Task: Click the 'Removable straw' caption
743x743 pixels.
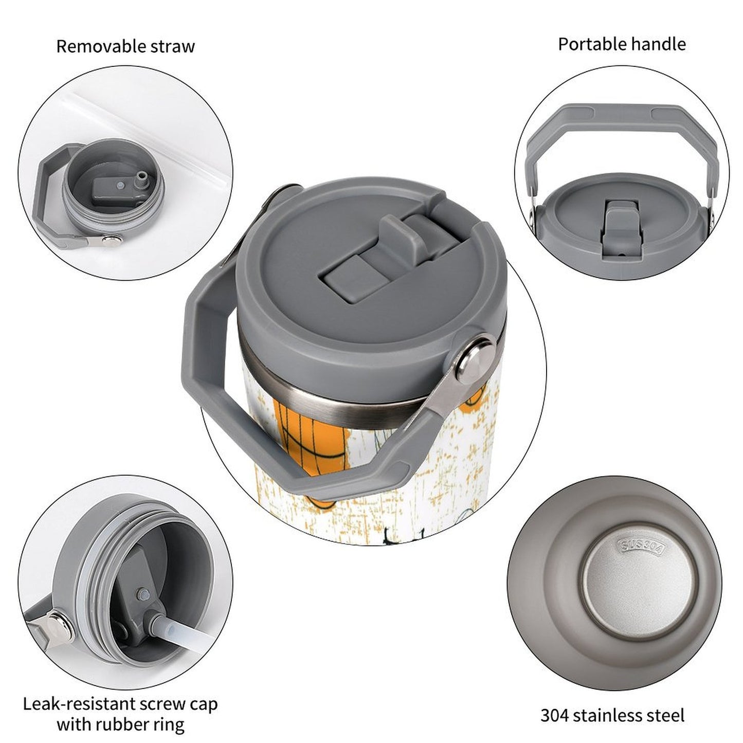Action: point(125,46)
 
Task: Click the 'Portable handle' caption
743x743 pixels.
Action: point(622,44)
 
